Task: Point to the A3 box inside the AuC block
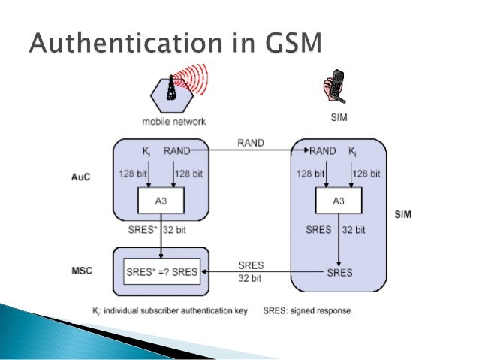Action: coord(161,201)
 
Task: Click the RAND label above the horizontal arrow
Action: coord(251,143)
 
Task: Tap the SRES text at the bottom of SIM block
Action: coord(339,272)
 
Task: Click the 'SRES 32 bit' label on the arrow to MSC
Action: coord(251,271)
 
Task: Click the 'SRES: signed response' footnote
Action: coord(307,310)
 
